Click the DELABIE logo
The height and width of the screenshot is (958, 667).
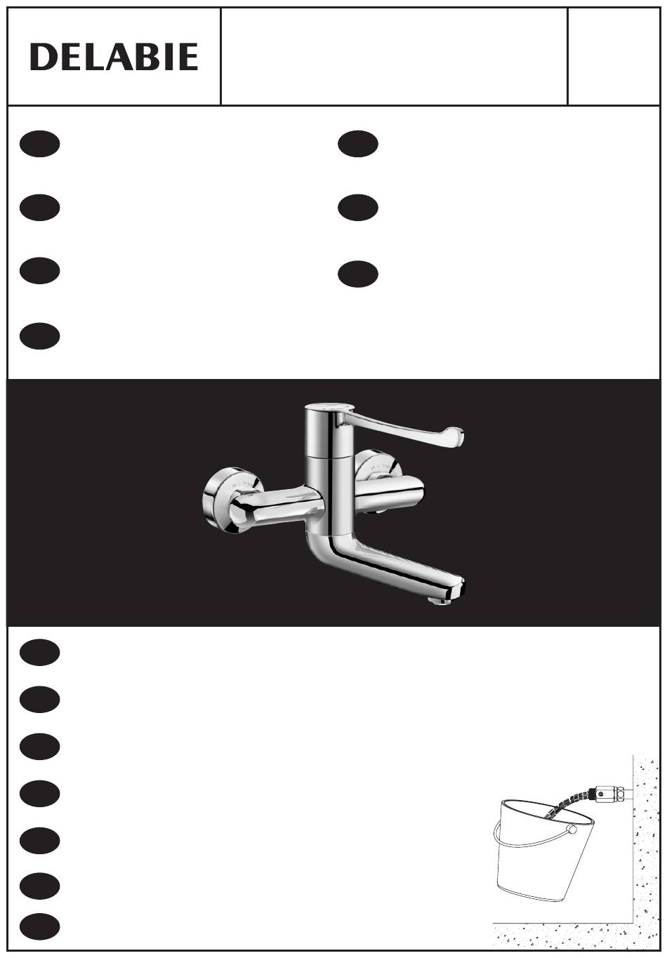click(114, 56)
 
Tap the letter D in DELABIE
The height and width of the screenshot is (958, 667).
click(43, 56)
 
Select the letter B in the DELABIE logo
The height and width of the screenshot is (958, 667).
click(152, 56)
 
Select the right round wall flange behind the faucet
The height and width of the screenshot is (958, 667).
click(380, 466)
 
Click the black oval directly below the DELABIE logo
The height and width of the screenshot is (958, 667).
click(40, 144)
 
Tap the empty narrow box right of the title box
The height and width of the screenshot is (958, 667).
click(614, 56)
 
